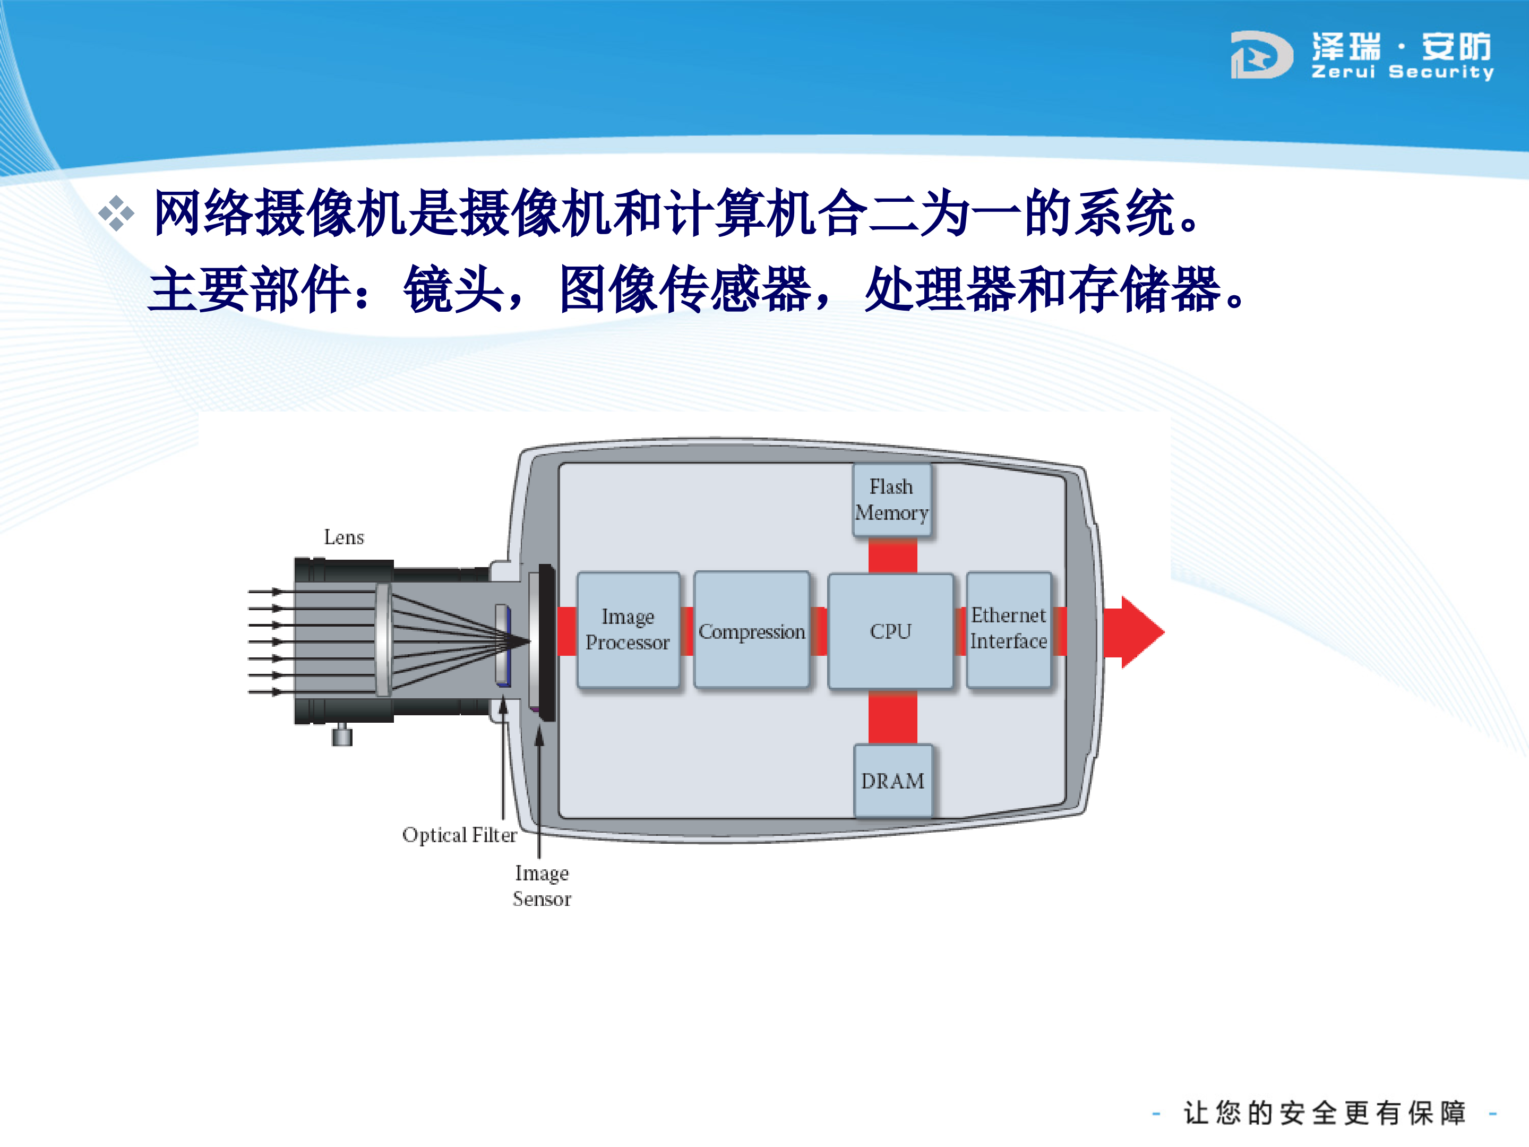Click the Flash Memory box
click(891, 500)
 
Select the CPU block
click(890, 630)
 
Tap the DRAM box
click(892, 781)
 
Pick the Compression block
click(751, 630)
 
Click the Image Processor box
click(628, 629)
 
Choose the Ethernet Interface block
click(1009, 629)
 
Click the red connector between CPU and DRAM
click(892, 717)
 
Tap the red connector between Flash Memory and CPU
click(892, 555)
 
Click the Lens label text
click(343, 537)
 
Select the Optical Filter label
click(459, 835)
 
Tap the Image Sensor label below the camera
click(542, 886)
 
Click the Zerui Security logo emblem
click(1261, 55)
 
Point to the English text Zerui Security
click(1403, 72)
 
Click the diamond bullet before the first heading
click(116, 213)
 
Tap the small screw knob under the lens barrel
click(341, 734)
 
